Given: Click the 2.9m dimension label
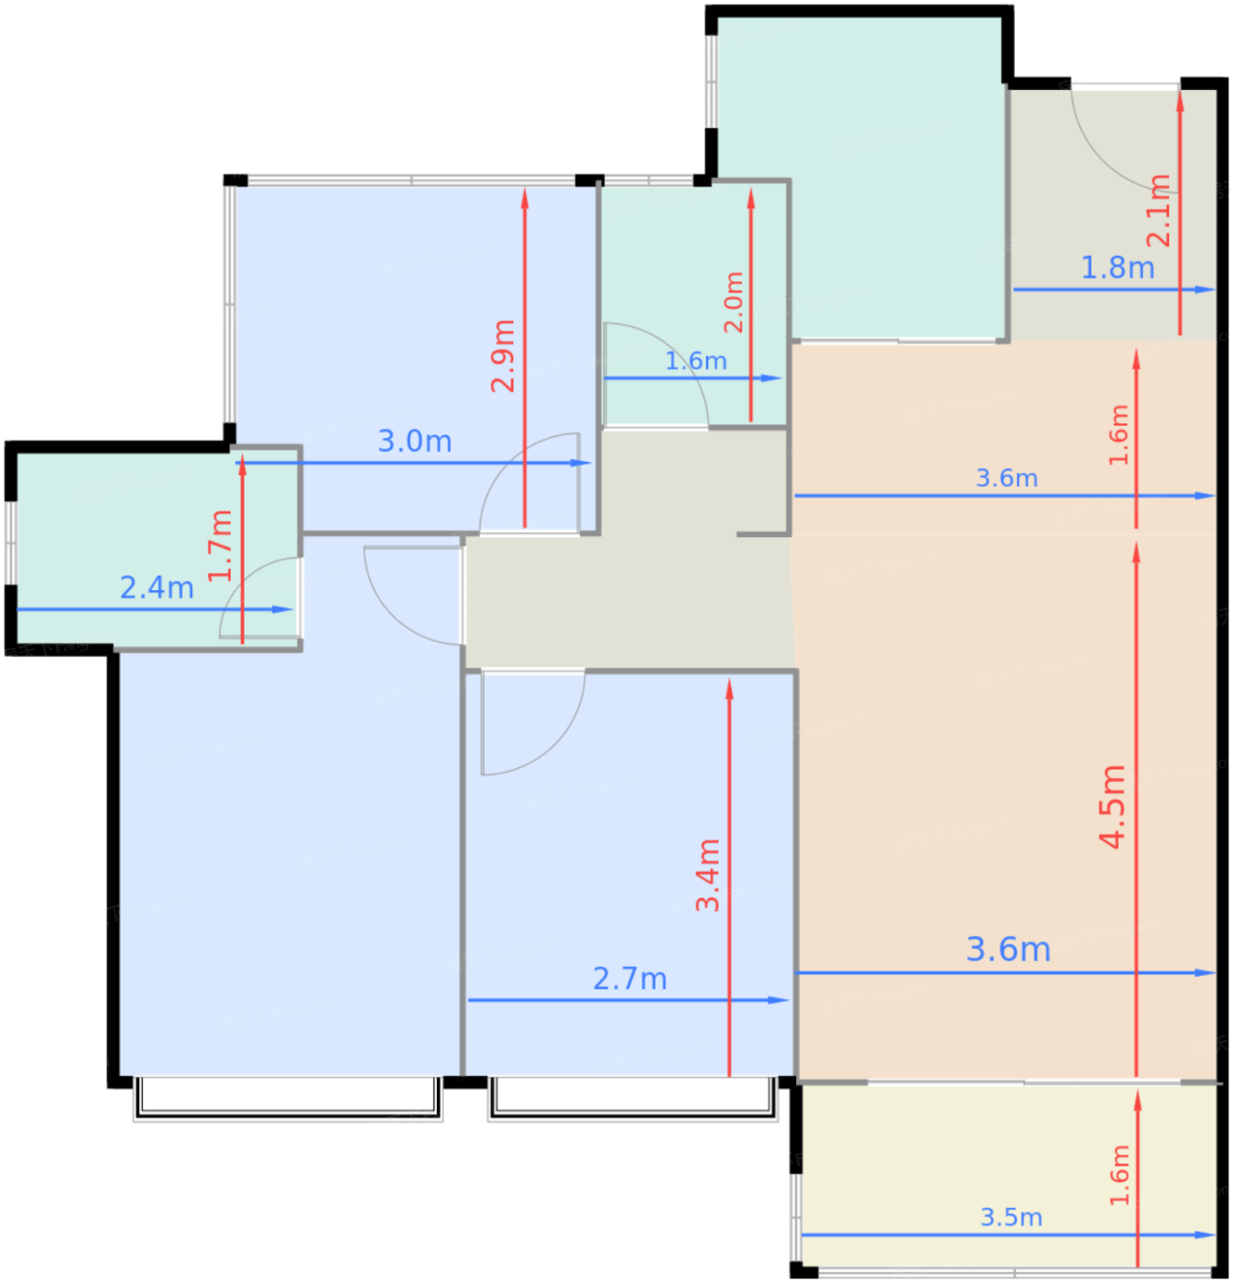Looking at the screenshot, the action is coord(502,356).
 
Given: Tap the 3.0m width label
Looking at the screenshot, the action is coord(415,441).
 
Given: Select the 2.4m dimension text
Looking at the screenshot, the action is coord(157,587).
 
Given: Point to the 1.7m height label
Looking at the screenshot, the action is coord(220,546).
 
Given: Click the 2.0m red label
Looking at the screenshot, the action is coord(734,302).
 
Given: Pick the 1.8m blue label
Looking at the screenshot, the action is coord(1118,268).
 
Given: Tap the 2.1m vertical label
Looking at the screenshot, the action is coord(1159,211).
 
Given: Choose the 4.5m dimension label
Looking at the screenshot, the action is coord(1112,807).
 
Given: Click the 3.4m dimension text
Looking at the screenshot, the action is coord(708,875).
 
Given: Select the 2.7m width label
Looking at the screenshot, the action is coord(630,979).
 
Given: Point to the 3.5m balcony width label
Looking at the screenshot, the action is coord(1011,1217).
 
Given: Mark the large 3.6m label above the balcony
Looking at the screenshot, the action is coord(1009,949).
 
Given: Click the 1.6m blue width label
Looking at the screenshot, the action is coord(696,361).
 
